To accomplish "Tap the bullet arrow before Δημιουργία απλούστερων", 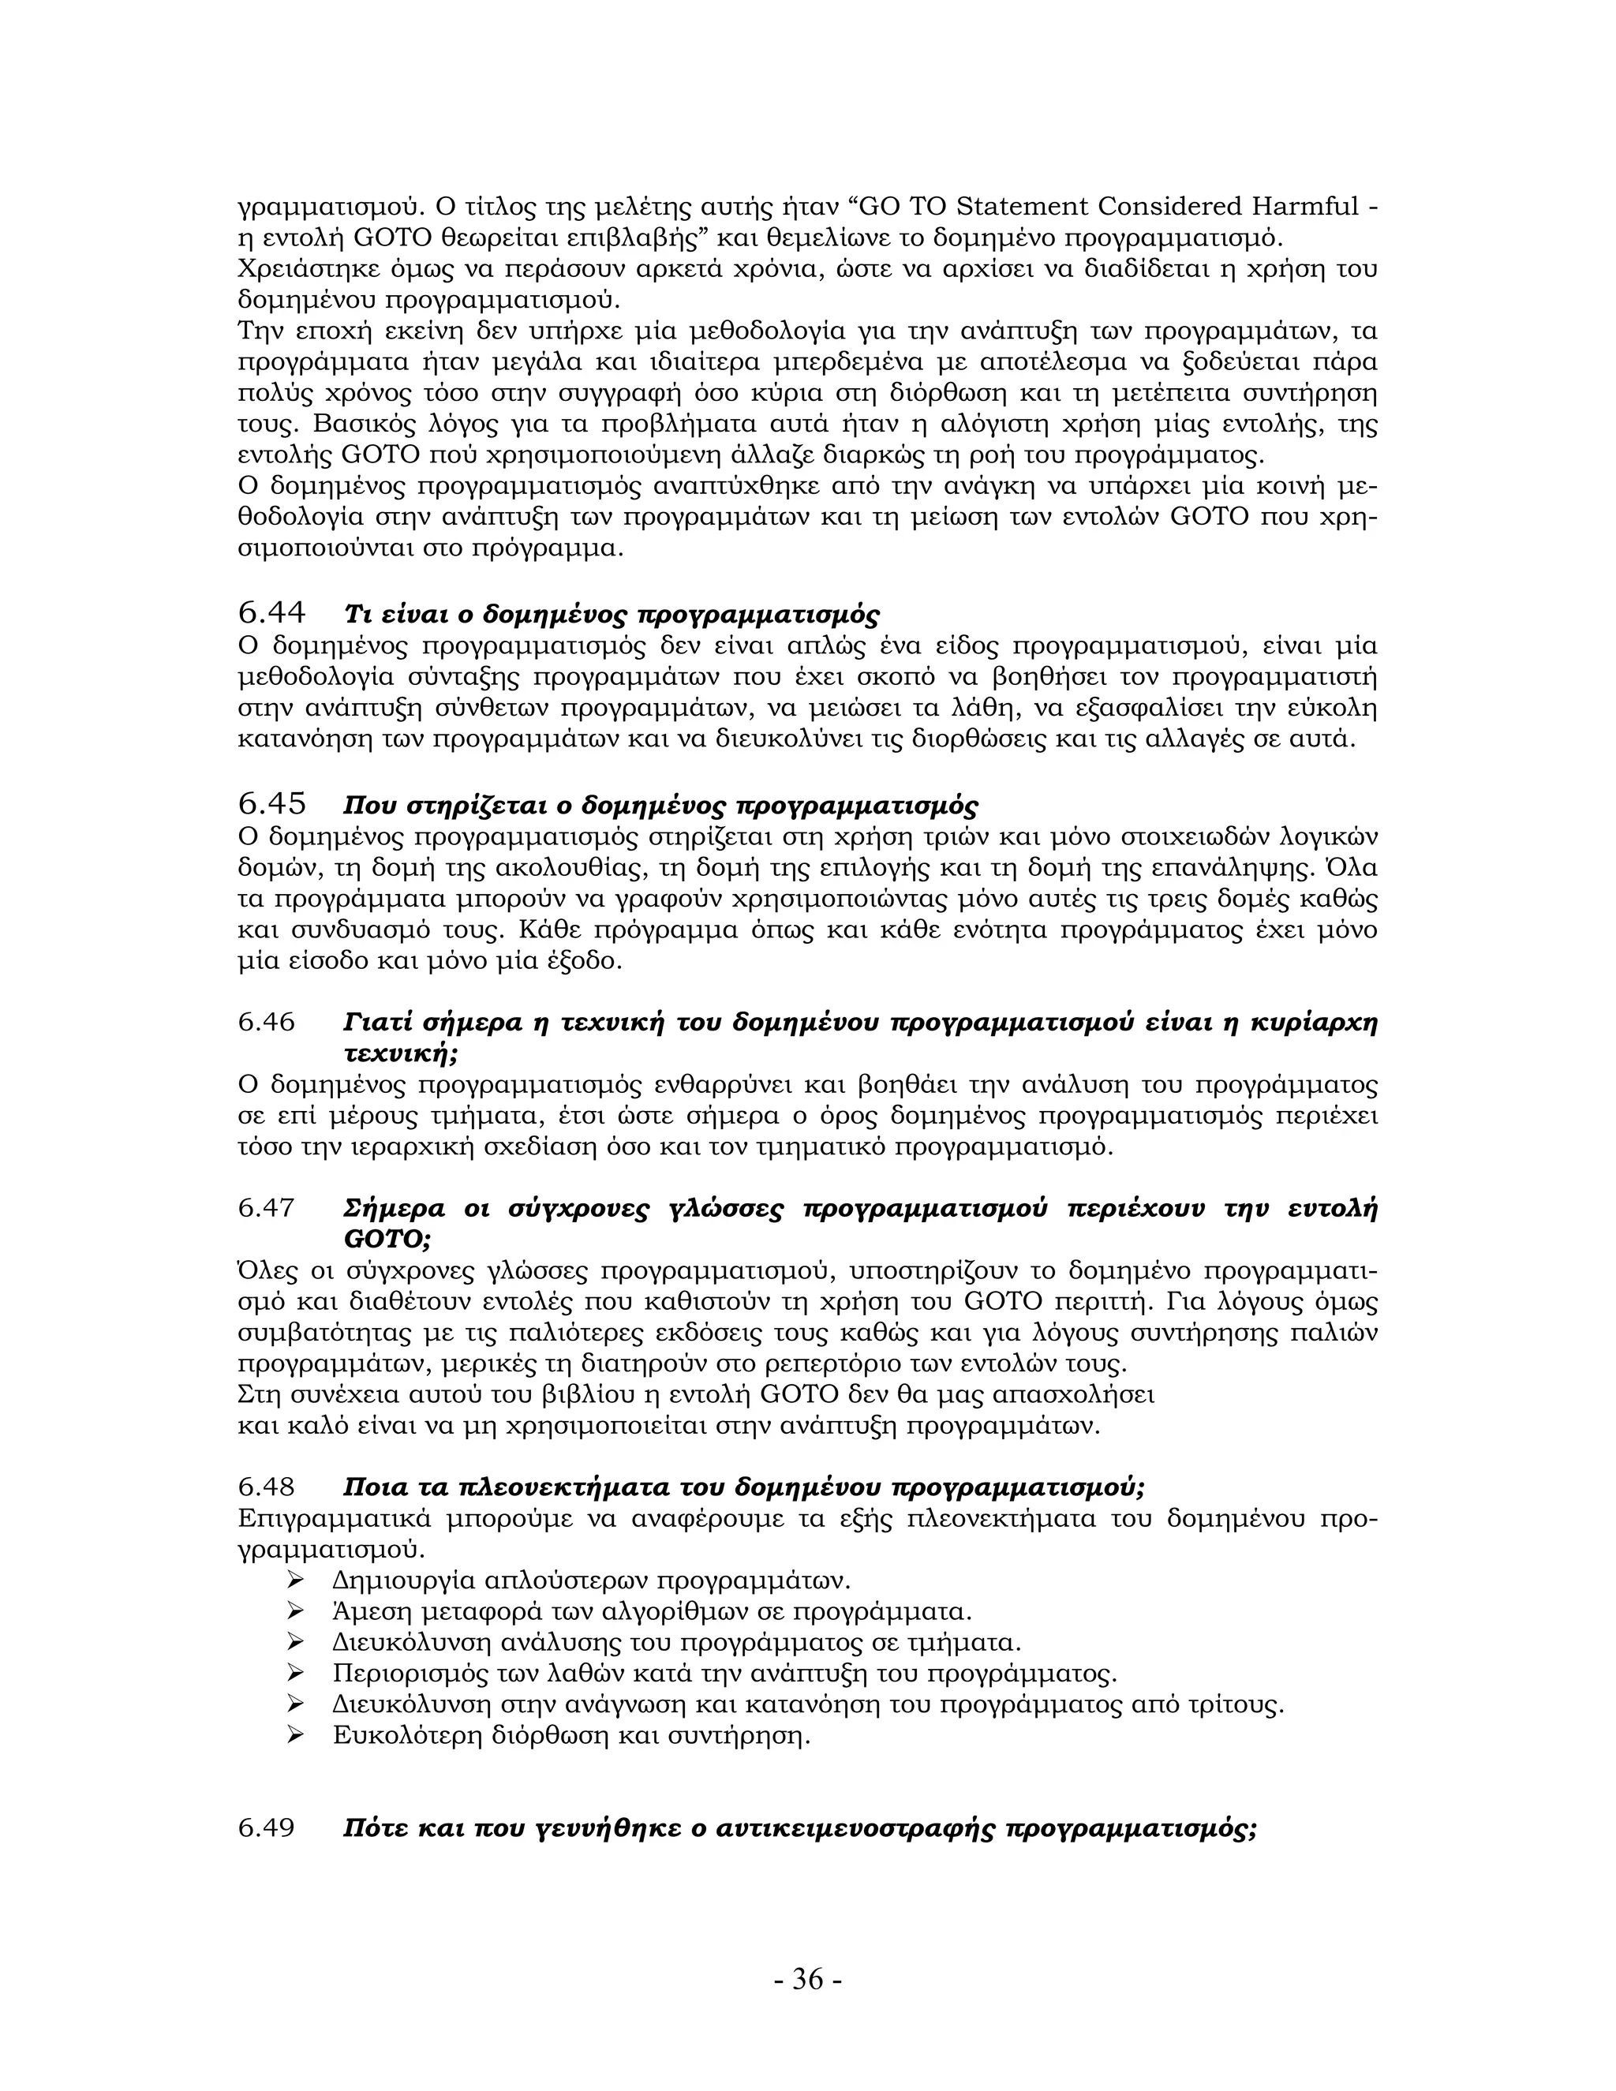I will click(296, 1580).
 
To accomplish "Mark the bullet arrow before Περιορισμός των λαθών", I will click(296, 1673).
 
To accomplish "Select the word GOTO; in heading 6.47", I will click(387, 1239).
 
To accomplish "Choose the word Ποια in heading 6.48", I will click(376, 1487).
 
